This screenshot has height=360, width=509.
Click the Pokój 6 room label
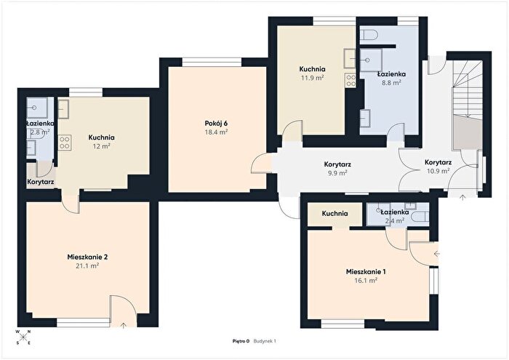pos(216,124)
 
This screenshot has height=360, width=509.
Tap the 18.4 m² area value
pos(216,132)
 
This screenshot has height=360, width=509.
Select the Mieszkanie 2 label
pos(87,257)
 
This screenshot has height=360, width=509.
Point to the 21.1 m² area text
pos(87,266)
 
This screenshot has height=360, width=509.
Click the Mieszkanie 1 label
pos(366,272)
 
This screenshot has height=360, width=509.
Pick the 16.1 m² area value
pos(366,281)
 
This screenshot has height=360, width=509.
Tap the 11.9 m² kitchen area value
pos(312,78)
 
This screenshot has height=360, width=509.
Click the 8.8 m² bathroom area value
pos(391,83)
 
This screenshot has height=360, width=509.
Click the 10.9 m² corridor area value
pos(438,171)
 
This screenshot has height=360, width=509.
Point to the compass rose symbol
pos(23,337)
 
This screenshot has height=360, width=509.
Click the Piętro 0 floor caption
pos(241,341)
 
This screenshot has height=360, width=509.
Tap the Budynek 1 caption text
pos(265,341)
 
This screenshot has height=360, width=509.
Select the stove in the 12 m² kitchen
pos(65,143)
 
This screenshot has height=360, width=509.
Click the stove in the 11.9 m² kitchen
pos(350,81)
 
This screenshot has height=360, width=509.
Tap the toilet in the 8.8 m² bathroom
pos(369,34)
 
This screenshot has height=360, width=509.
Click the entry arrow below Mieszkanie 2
pos(123,325)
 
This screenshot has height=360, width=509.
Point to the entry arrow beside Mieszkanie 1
pos(436,254)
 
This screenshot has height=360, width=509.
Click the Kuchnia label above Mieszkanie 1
pos(335,214)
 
